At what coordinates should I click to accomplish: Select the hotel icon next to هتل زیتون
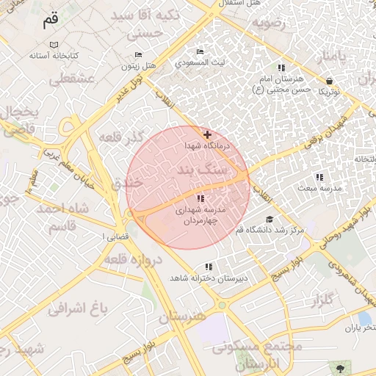(x=139, y=55)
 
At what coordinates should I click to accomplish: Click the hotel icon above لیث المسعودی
(x=200, y=51)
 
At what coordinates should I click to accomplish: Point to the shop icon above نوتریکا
(x=328, y=80)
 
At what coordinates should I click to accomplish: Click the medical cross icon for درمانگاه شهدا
(x=208, y=134)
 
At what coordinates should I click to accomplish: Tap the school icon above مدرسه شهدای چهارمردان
(x=200, y=198)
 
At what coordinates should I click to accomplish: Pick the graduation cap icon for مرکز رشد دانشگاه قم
(x=270, y=219)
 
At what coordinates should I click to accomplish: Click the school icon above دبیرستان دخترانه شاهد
(x=209, y=267)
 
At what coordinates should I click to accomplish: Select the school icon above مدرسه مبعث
(x=319, y=177)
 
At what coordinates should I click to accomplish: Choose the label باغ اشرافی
(x=79, y=307)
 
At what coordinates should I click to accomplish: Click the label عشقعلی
(x=72, y=79)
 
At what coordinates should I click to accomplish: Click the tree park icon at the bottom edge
(x=339, y=367)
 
